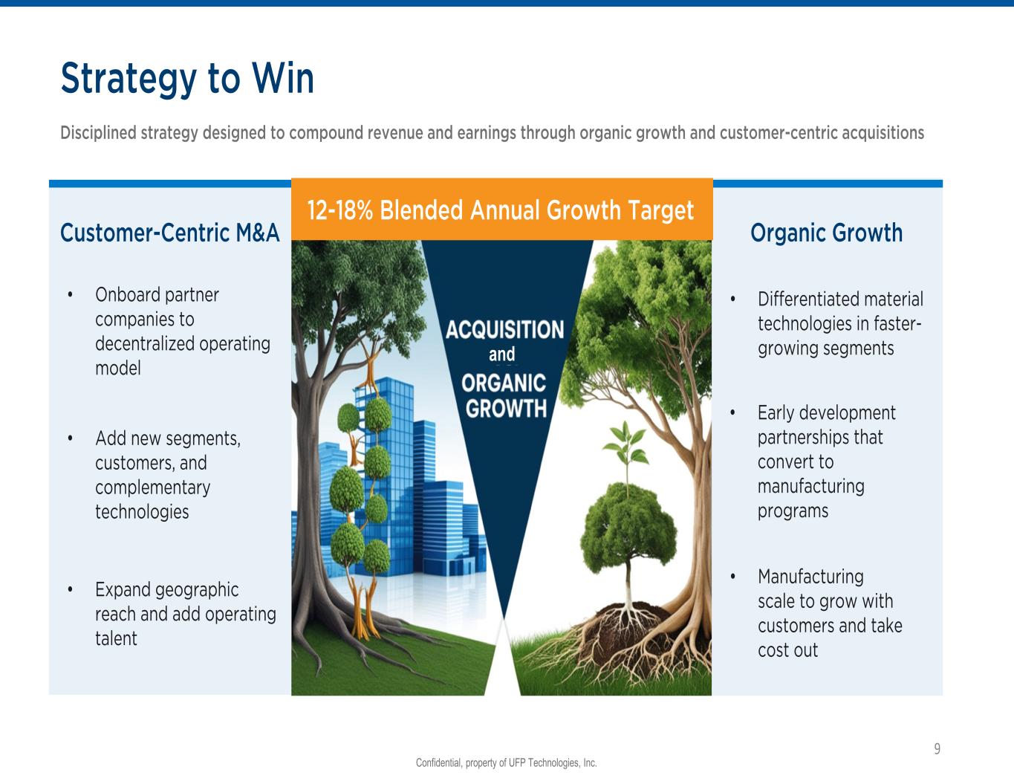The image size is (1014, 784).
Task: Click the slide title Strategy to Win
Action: tap(187, 79)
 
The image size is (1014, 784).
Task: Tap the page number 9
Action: tap(937, 748)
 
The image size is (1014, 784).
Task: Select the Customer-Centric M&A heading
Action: tap(170, 233)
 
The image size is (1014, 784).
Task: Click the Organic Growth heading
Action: tap(826, 233)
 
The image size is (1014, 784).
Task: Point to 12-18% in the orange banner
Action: tap(339, 210)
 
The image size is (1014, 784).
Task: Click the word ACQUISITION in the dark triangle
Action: tap(505, 330)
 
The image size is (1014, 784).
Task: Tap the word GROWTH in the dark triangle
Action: tap(506, 409)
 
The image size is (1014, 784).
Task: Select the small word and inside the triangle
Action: tap(502, 354)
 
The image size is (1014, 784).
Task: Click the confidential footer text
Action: tap(507, 762)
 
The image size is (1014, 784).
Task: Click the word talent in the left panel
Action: tap(116, 638)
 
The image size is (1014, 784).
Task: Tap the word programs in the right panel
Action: tap(793, 511)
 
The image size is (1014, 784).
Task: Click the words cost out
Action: tap(787, 650)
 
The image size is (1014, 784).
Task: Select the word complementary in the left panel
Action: tap(152, 487)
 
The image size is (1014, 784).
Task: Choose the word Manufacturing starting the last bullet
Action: tap(810, 577)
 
